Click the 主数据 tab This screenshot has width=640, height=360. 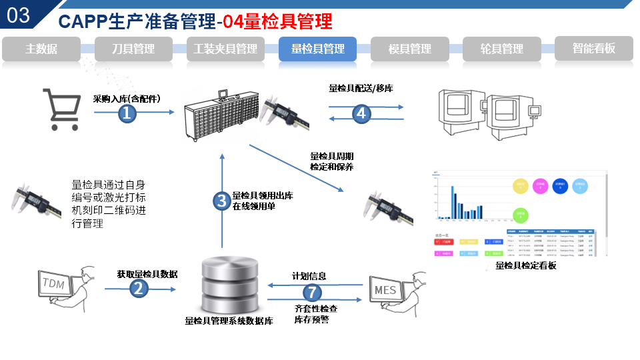tap(41, 49)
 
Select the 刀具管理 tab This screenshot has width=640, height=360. tap(133, 49)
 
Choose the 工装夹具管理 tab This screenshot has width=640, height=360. tap(225, 49)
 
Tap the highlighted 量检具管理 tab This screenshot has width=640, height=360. tap(318, 49)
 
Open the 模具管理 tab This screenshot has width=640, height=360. tap(410, 49)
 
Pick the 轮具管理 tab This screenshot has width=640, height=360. tap(502, 49)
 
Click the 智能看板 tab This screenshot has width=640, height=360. tap(593, 49)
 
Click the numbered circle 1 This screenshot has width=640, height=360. tap(127, 113)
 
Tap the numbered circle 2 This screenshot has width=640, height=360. tap(139, 289)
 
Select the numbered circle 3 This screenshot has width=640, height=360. tap(221, 201)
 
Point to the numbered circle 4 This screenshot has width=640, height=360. tap(361, 113)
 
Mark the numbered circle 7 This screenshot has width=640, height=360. tap(312, 292)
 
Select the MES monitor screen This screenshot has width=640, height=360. tap(385, 290)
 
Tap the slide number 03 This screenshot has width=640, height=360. tap(19, 15)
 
